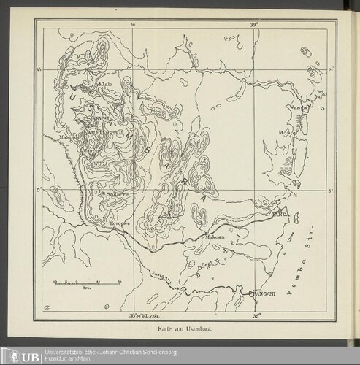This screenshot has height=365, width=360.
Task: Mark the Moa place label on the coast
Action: [x=284, y=133]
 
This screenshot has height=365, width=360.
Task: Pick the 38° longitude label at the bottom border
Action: [x=255, y=317]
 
